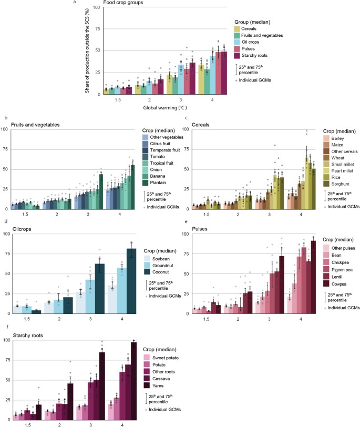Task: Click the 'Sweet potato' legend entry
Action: point(163,357)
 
